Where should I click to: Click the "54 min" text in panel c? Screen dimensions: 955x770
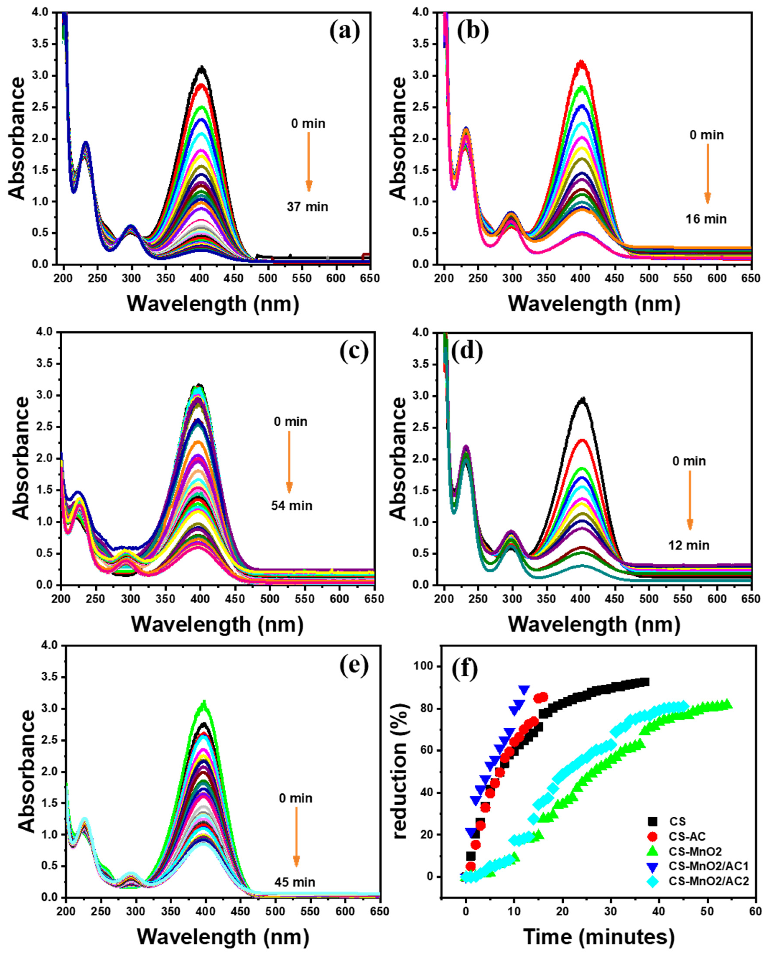tap(292, 506)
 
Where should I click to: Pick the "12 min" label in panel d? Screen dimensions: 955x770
tap(689, 545)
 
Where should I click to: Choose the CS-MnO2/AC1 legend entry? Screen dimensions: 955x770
tap(708, 866)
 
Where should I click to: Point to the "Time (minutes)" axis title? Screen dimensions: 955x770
tap(599, 936)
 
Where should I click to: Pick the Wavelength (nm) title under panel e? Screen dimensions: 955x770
tap(223, 936)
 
